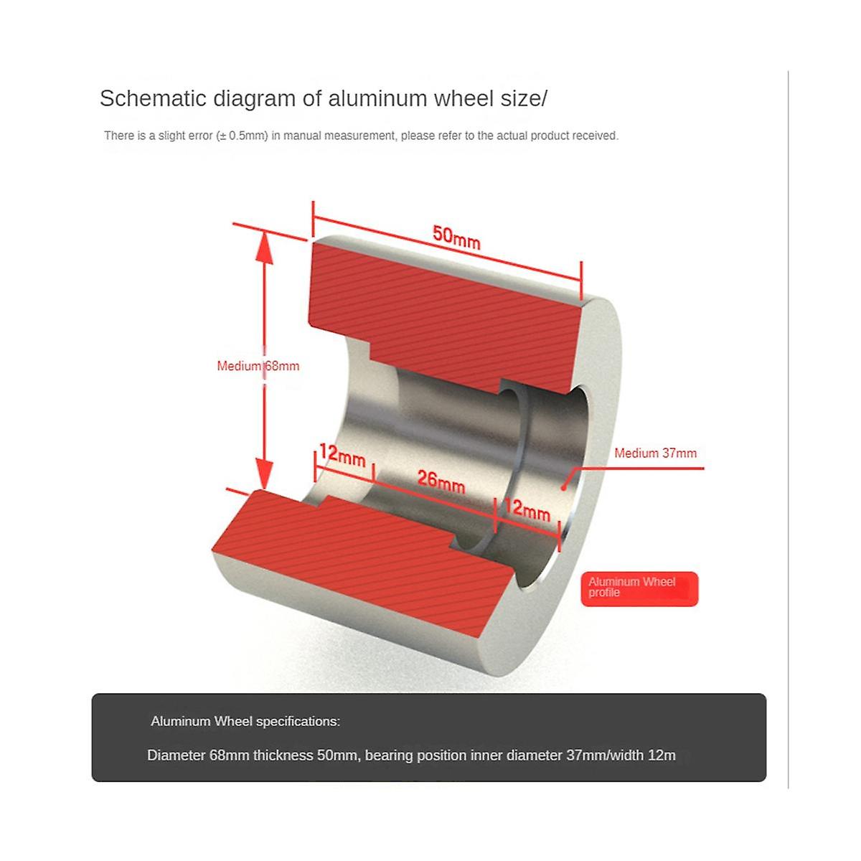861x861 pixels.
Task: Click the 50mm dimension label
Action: point(456,237)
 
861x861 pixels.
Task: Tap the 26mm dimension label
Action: point(441,481)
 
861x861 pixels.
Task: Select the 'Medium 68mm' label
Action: point(258,366)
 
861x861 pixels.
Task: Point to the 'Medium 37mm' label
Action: point(655,453)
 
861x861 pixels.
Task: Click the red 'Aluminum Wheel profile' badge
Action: point(639,588)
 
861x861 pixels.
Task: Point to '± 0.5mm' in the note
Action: point(243,136)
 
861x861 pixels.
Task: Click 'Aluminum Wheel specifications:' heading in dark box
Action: point(245,721)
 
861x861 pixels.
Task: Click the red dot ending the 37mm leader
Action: point(564,488)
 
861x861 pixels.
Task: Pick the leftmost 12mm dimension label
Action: point(342,456)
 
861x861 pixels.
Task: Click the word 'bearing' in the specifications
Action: point(389,755)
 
